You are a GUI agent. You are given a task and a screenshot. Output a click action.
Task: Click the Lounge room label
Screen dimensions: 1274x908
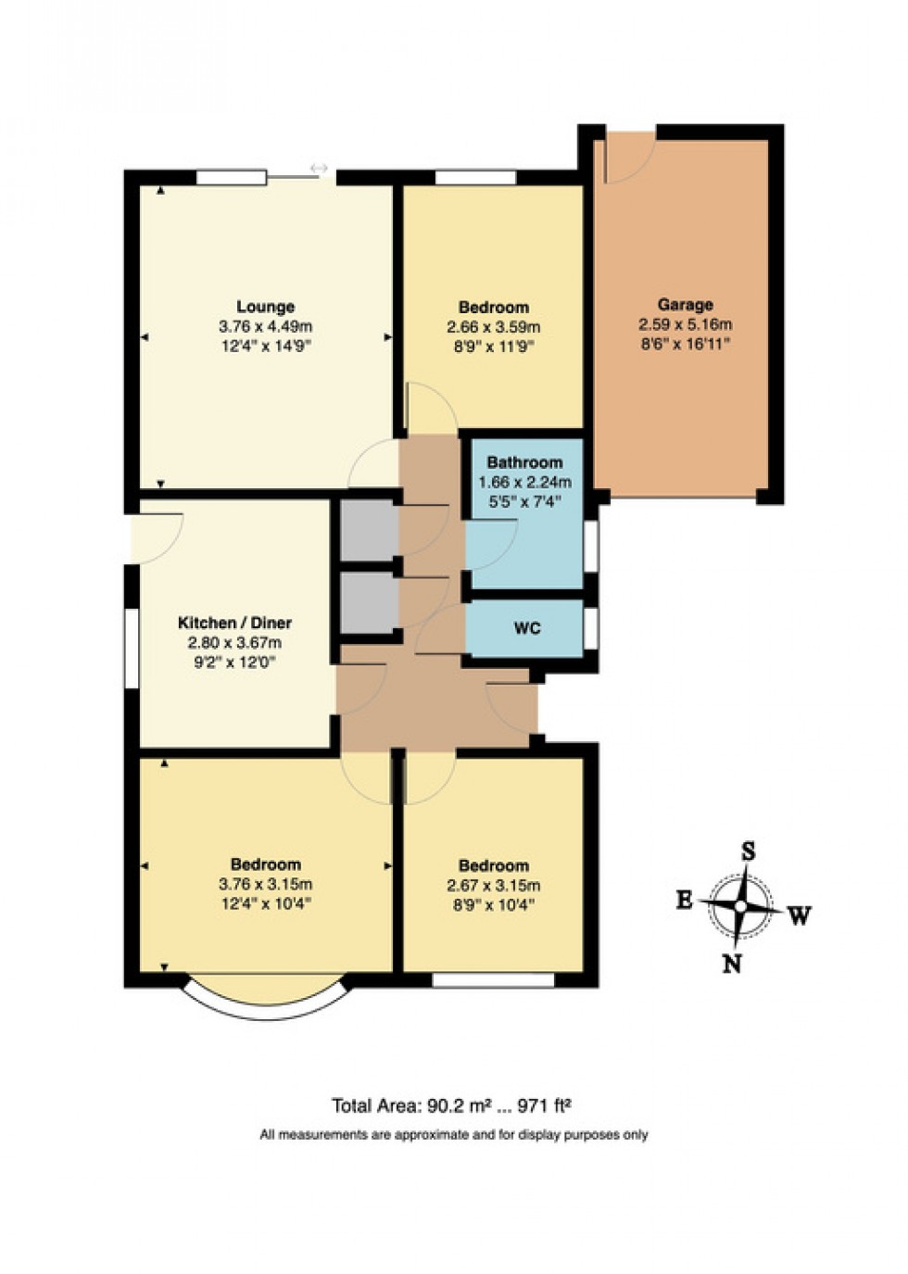(265, 307)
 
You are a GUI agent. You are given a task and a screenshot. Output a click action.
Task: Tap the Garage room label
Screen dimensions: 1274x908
(685, 304)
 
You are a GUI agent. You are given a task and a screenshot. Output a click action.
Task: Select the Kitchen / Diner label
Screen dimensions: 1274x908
(234, 623)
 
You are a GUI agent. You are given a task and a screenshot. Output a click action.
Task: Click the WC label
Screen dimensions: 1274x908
(526, 628)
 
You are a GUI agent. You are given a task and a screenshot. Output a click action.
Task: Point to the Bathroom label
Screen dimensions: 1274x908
(524, 462)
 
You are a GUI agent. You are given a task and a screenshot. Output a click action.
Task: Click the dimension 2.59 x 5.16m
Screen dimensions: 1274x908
(685, 324)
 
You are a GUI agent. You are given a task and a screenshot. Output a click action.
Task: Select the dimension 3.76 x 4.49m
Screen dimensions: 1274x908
(265, 326)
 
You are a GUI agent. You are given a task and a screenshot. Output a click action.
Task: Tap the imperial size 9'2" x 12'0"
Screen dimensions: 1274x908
(234, 662)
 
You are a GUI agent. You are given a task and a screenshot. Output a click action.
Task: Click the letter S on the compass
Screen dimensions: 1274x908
(748, 851)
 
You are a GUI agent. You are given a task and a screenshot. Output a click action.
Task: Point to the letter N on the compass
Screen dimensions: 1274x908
(732, 964)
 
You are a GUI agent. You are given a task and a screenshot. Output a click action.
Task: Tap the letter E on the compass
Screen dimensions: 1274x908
(684, 900)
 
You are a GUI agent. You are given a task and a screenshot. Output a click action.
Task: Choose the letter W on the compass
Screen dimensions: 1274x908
(800, 915)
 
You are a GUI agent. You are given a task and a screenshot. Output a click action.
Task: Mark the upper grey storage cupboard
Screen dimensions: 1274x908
(368, 531)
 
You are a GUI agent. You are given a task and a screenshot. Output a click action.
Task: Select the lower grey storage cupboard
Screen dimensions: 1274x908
(368, 603)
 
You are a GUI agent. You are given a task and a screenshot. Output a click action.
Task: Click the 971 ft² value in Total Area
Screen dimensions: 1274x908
(544, 1105)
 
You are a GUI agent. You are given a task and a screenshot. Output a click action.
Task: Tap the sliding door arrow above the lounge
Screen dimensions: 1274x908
(319, 168)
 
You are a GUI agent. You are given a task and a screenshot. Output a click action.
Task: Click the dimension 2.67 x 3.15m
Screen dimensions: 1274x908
(493, 885)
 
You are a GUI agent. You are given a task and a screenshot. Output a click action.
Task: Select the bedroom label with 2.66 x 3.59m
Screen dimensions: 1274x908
(493, 307)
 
